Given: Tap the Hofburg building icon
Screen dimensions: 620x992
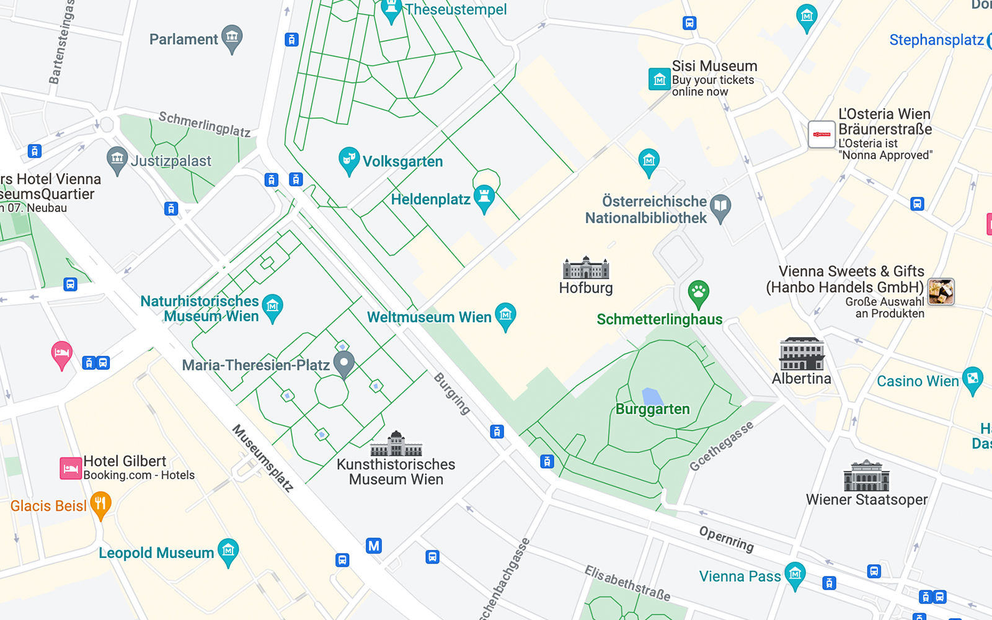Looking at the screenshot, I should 586,268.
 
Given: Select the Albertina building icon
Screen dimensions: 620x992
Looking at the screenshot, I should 802,354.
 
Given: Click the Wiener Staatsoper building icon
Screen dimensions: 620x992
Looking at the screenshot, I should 866,476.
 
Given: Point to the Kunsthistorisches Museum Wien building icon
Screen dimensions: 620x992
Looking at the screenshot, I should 396,444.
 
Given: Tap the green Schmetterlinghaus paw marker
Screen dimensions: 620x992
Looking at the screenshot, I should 699,293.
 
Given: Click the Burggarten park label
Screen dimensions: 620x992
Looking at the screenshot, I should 653,409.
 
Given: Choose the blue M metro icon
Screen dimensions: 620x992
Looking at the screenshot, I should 373,546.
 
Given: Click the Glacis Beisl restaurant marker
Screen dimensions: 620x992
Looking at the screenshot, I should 100,504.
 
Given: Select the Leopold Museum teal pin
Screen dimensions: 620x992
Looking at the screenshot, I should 228,551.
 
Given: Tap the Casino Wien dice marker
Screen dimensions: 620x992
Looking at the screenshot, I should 972,379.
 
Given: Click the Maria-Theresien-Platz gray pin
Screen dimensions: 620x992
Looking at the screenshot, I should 344,363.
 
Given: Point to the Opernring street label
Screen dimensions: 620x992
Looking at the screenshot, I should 726,539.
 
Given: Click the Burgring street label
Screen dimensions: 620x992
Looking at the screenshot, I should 452,394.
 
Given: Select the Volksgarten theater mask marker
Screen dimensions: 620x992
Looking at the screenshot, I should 348,160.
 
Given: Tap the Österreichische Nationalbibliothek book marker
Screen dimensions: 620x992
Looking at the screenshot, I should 720,207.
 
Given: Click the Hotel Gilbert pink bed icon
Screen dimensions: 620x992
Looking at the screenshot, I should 71,468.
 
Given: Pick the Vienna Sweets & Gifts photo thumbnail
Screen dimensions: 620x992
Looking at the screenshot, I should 941,291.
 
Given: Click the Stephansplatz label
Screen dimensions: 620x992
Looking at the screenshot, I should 936,40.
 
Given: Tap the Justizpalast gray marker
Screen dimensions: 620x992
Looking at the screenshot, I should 117,160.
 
